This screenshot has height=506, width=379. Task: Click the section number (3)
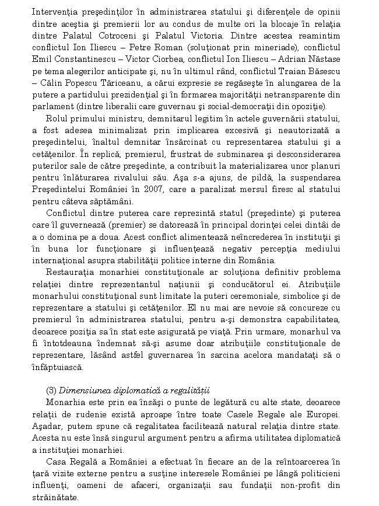pyautogui.click(x=51, y=390)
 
